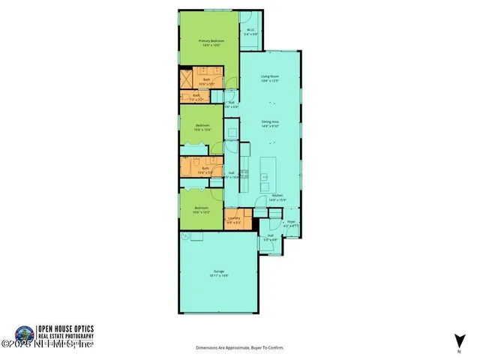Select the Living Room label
[x=270, y=76]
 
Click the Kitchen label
[x=277, y=194]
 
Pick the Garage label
[x=219, y=272]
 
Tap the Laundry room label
[x=234, y=218]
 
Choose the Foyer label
[x=291, y=221]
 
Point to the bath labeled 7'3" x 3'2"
[x=196, y=96]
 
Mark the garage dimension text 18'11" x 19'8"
[x=219, y=276]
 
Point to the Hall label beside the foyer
[x=271, y=236]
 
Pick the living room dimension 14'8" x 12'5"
[x=270, y=80]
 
